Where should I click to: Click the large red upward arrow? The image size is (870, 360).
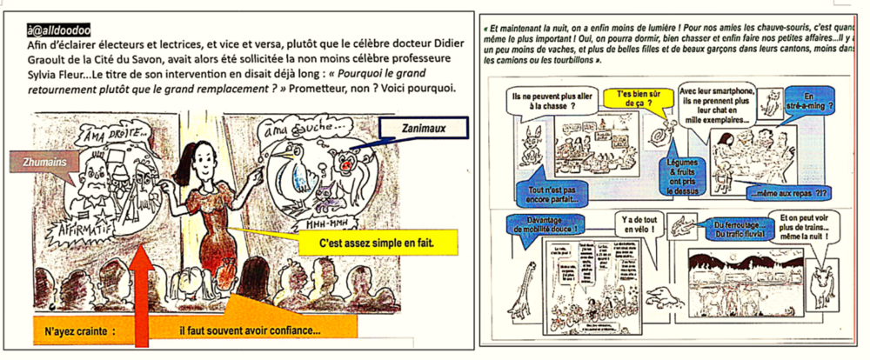point(142,296)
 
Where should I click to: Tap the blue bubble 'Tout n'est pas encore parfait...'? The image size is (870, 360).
point(548,194)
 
